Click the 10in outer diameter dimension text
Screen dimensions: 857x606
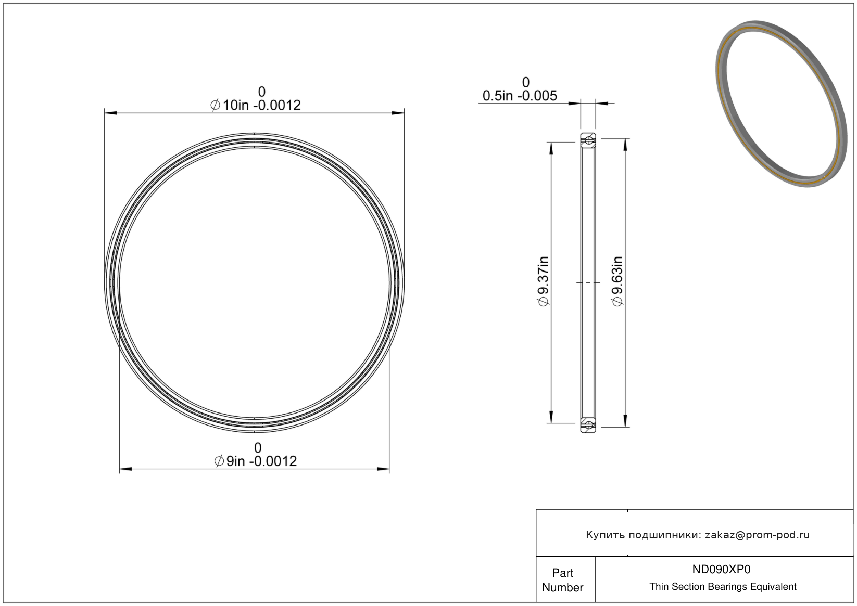click(x=256, y=105)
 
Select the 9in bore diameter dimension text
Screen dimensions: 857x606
click(x=256, y=461)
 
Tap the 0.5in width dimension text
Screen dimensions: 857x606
click(x=520, y=96)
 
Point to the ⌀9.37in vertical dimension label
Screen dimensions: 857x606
click(x=543, y=281)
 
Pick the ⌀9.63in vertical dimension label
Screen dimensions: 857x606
click(x=617, y=281)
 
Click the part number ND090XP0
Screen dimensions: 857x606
click(x=722, y=569)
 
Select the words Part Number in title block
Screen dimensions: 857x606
click(x=562, y=580)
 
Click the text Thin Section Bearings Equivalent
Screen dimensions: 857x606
click(x=723, y=587)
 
